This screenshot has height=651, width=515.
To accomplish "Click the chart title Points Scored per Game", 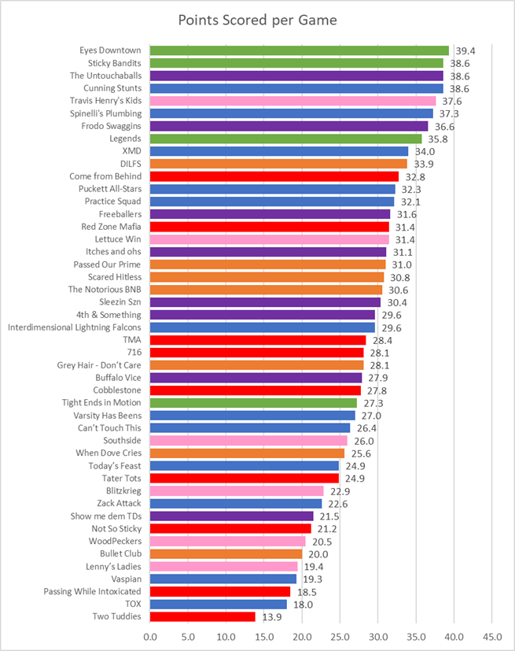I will (x=257, y=20).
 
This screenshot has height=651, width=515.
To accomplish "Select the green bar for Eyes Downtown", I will (x=299, y=50).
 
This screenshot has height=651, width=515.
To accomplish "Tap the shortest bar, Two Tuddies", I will (x=202, y=616).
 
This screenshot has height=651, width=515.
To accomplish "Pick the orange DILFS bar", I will (x=278, y=164).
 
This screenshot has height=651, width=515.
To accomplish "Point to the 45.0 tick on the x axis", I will (x=491, y=634).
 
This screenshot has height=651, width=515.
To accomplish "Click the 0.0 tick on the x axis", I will (x=149, y=634).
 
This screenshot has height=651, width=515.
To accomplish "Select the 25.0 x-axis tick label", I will (x=340, y=634).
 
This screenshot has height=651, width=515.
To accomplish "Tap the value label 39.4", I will (x=464, y=50).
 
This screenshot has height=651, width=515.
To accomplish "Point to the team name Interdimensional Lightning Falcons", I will (x=75, y=327).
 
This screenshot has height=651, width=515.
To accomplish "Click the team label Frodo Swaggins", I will (x=108, y=126).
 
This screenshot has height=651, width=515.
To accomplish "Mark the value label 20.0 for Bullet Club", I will (x=316, y=553).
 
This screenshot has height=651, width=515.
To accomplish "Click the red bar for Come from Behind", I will (x=274, y=176).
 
